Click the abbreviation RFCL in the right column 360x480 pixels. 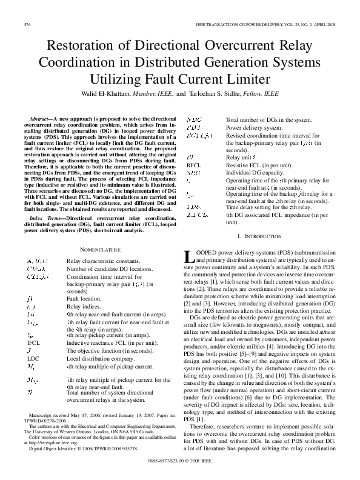tap(194, 165)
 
